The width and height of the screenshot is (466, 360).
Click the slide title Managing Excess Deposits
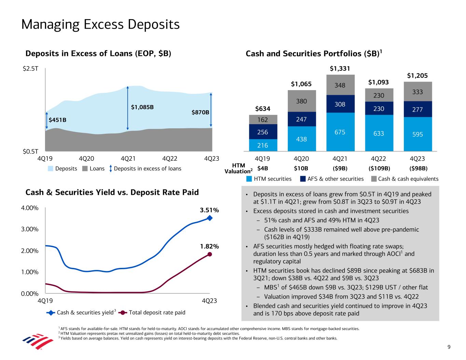(x=100, y=25)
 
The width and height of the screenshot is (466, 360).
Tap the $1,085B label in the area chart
(x=142, y=107)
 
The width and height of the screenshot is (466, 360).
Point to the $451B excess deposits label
(x=57, y=120)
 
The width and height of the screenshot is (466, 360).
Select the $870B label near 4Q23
(x=200, y=112)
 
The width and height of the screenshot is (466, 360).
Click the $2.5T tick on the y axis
(x=30, y=69)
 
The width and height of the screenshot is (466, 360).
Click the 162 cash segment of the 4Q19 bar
(x=263, y=120)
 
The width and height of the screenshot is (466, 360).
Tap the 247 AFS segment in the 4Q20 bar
(x=301, y=119)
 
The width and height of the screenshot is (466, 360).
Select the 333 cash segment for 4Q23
(x=418, y=92)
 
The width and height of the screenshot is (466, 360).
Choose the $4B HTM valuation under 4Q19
(x=263, y=168)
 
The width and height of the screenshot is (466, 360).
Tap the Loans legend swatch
(x=85, y=169)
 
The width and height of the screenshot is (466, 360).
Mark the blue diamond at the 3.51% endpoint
(x=210, y=218)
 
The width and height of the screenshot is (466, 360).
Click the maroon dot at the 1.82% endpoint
(x=210, y=254)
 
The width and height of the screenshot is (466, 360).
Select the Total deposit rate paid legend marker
(x=123, y=313)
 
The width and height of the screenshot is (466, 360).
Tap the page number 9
(x=449, y=347)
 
